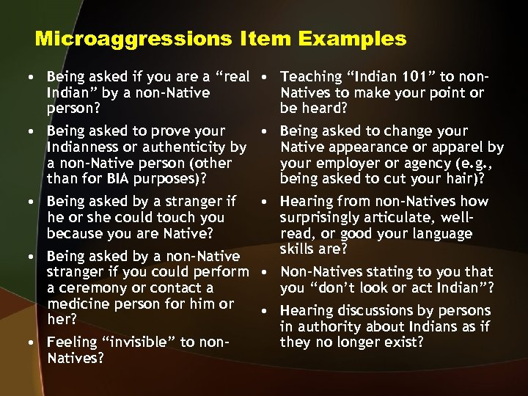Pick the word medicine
coord(78,304)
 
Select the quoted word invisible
coord(128,342)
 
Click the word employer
coord(341,163)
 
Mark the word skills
coord(301,249)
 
